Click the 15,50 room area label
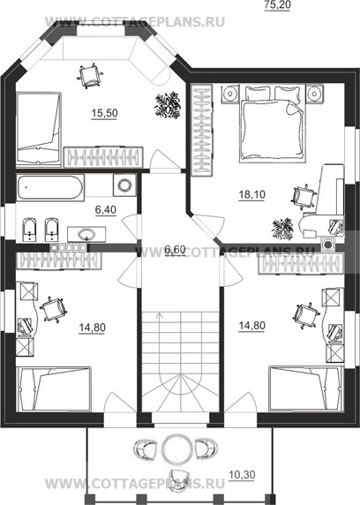pyautogui.click(x=104, y=113)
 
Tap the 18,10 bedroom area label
pyautogui.click(x=251, y=194)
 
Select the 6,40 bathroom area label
pyautogui.click(x=106, y=209)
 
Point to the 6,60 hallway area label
pyautogui.click(x=175, y=249)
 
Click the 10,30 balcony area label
pyautogui.click(x=242, y=474)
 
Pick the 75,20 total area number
pyautogui.click(x=277, y=5)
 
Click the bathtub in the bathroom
pyautogui.click(x=50, y=187)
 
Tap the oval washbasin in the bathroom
pyautogui.click(x=86, y=234)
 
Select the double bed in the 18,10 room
pyautogui.click(x=272, y=124)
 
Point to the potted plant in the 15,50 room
pyautogui.click(x=168, y=105)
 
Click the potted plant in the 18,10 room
pyautogui.click(x=282, y=229)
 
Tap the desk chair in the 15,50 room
pyautogui.click(x=91, y=76)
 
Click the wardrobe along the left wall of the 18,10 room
pyautogui.click(x=201, y=130)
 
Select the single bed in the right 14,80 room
pyautogui.click(x=305, y=388)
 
